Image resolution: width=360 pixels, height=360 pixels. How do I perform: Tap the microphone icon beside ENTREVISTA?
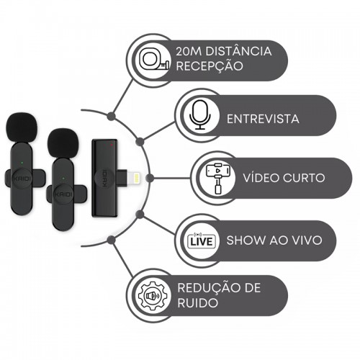point(200,115)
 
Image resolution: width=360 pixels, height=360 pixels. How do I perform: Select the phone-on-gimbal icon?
point(218,178)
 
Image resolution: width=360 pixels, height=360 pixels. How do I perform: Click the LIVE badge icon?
point(202,240)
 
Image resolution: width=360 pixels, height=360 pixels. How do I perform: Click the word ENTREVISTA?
point(263,119)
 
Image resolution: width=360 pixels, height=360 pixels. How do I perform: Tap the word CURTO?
point(304,178)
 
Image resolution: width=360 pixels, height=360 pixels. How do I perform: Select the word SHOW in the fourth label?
point(246,240)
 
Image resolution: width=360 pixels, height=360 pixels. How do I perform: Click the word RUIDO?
point(197,303)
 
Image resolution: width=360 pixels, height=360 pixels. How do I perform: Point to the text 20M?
point(189,51)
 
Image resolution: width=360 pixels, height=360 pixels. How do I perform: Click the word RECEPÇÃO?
point(210,66)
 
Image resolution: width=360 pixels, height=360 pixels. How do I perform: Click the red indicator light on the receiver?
point(112,145)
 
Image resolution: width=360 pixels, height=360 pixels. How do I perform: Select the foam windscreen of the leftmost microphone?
point(22,128)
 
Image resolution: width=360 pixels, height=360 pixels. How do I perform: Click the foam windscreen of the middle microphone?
point(63,143)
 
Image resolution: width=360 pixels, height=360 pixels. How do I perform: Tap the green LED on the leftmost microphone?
point(22,163)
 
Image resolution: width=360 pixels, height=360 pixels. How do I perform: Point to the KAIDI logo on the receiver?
point(105,178)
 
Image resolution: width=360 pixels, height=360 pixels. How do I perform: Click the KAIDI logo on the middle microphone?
point(63,194)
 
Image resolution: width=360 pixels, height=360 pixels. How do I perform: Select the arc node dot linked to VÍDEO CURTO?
point(150,178)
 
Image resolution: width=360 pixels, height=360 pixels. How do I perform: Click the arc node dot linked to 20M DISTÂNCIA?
point(111,116)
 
